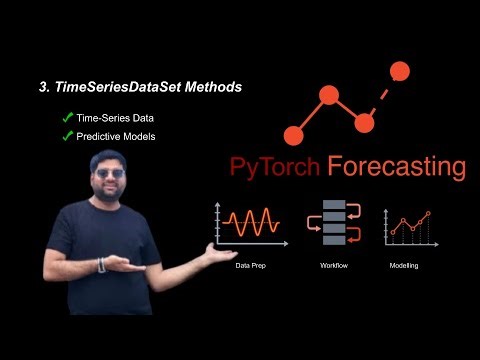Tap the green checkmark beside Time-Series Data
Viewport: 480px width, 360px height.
67,118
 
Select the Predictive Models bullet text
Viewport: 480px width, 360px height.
116,135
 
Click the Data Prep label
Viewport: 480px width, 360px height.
250,266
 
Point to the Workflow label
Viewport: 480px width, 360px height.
333,266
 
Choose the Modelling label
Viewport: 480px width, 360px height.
405,266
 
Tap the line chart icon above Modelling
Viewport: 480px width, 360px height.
408,225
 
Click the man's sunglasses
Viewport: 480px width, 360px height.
112,173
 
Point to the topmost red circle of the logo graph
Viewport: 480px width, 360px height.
399,71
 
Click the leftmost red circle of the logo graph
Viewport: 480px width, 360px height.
293,134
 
